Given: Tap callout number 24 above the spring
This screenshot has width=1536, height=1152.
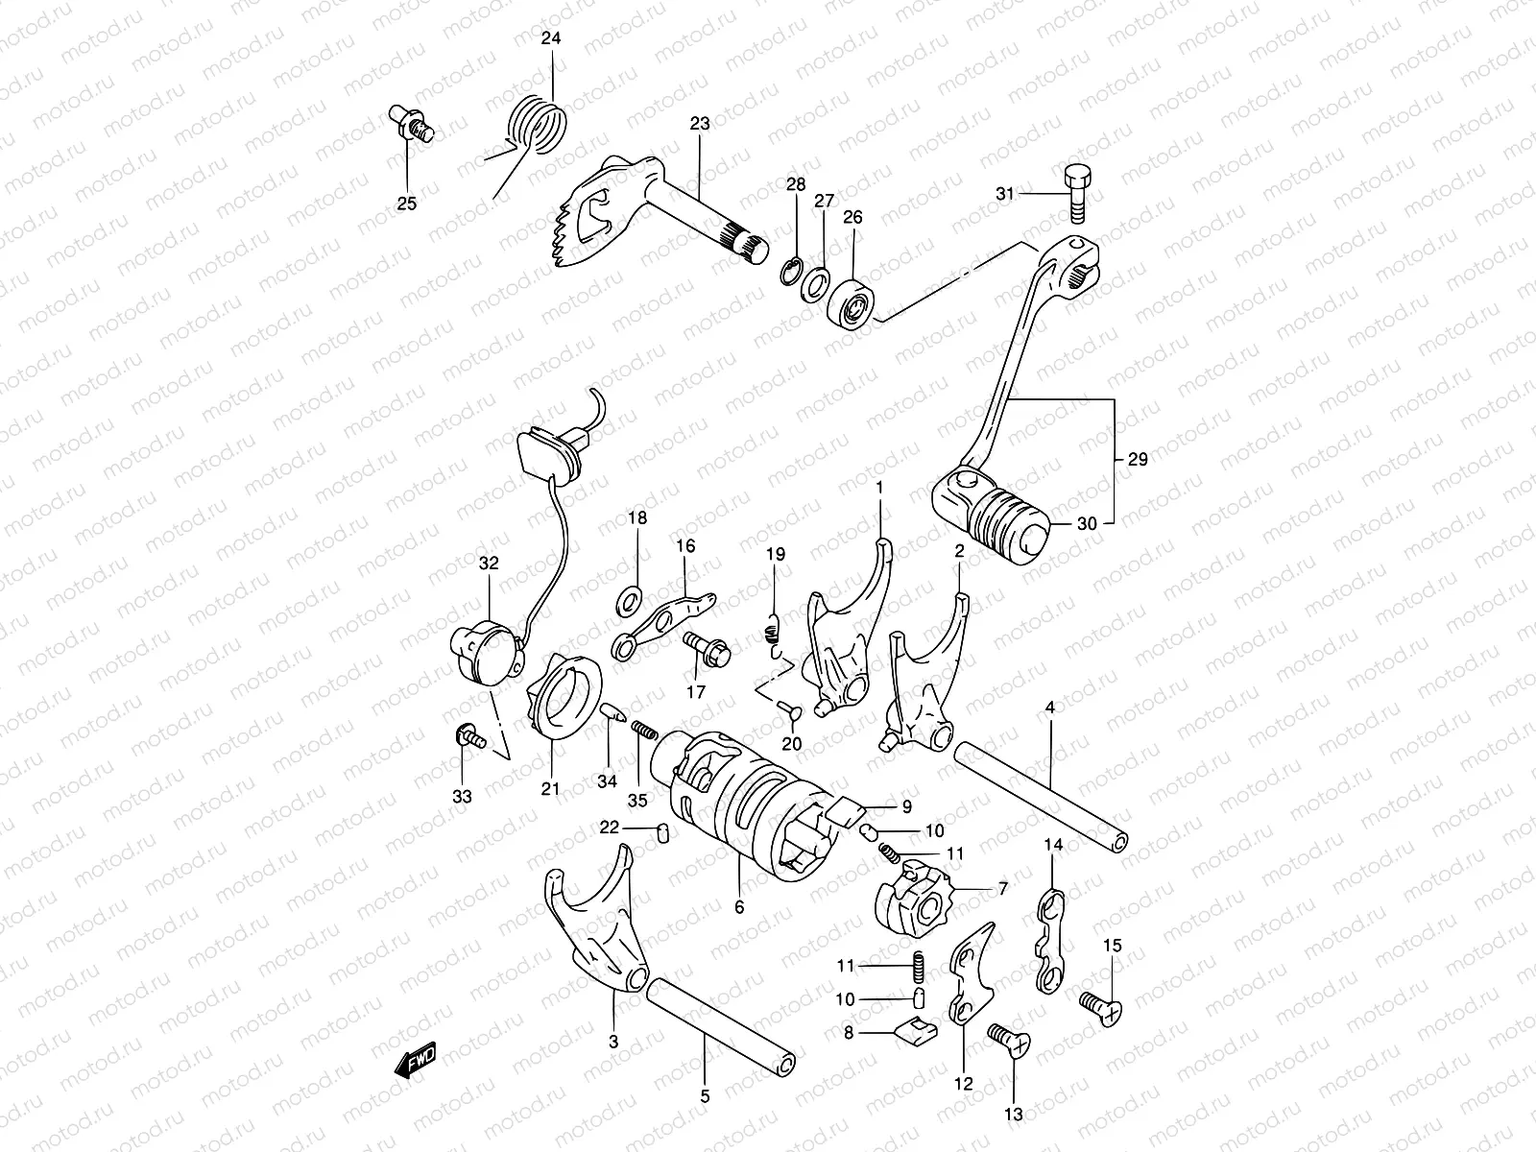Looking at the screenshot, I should [x=551, y=39].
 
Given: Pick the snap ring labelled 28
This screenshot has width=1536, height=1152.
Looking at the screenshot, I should [x=789, y=271].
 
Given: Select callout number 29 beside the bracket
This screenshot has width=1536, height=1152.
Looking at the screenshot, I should [x=1138, y=460].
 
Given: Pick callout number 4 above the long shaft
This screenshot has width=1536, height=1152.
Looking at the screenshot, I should [x=1049, y=708].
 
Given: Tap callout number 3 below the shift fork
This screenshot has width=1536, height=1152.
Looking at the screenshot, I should [x=613, y=1042].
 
